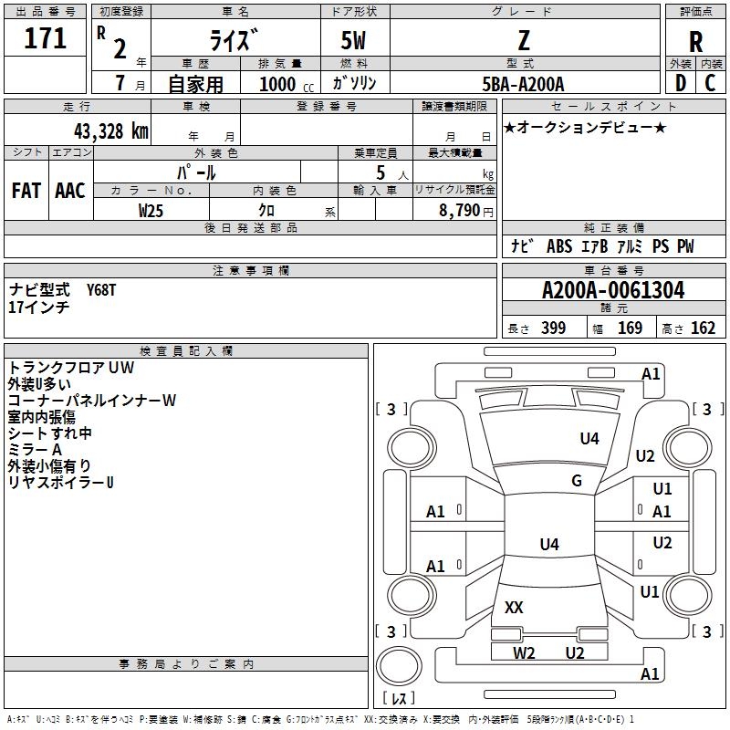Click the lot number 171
(47, 39)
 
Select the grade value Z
(524, 41)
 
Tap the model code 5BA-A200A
(524, 84)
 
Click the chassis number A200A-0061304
(612, 291)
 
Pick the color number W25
(151, 210)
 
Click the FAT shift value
(26, 191)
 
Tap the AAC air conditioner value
(70, 191)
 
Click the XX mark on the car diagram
(514, 607)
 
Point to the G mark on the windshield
(576, 481)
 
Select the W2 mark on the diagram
(524, 652)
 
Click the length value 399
(553, 328)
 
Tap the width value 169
(630, 328)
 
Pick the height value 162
(703, 328)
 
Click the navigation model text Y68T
(101, 290)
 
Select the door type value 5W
(354, 41)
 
